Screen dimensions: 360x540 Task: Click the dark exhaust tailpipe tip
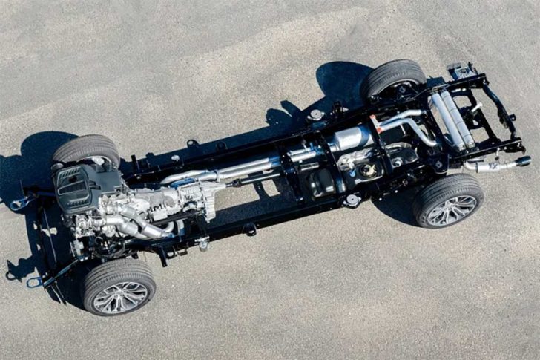522,161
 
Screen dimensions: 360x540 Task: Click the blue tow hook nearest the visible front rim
34,282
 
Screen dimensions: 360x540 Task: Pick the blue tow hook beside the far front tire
19,202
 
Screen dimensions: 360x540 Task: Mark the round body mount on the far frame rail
317,115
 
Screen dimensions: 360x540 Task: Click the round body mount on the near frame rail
352,200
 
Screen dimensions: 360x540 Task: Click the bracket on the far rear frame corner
459,71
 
